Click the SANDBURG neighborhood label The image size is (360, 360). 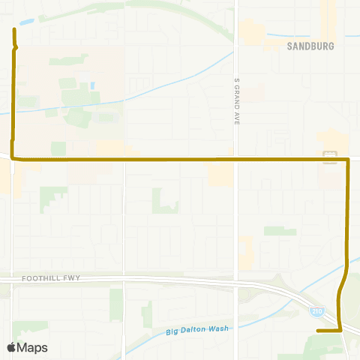point(310,45)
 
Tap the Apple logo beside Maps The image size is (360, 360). point(11,348)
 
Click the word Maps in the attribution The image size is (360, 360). point(32,348)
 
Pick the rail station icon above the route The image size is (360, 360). point(328,155)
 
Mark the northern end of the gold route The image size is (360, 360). point(14,29)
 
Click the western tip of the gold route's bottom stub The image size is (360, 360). point(318,330)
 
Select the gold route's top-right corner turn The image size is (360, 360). point(347,160)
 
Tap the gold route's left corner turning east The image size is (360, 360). point(13,159)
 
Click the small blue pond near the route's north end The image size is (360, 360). point(28,22)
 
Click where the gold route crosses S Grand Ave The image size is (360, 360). point(236,159)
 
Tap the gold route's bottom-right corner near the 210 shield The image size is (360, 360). point(340,330)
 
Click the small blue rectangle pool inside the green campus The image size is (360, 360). point(91,85)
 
